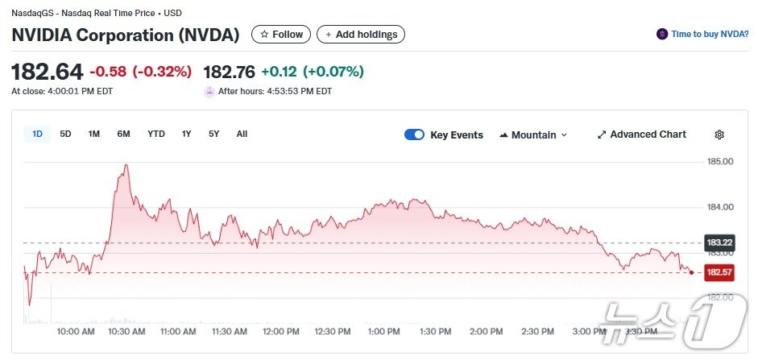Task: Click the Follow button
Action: [280, 35]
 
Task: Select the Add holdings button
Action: [360, 35]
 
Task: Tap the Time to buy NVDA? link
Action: [703, 34]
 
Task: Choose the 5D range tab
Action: [66, 134]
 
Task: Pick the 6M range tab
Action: [123, 134]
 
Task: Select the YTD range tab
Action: [156, 134]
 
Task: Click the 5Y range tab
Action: [213, 134]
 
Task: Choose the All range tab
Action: [242, 134]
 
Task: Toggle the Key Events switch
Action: [414, 134]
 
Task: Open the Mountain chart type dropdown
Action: [533, 134]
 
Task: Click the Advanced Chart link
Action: [642, 134]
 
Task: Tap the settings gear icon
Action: [719, 134]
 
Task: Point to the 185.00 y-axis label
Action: [719, 162]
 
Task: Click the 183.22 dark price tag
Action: [719, 242]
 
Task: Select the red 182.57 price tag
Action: [719, 272]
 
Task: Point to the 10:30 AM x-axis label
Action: [126, 331]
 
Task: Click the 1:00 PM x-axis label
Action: [383, 331]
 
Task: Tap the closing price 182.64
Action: [47, 71]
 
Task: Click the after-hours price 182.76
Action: [230, 71]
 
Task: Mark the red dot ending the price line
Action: [691, 272]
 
